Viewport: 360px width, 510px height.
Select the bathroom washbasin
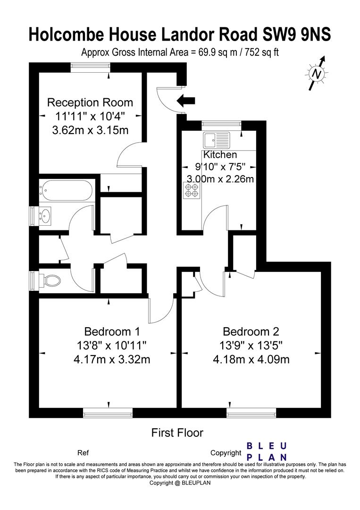[45, 216]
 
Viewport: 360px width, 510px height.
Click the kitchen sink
[217, 140]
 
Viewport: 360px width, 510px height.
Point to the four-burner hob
[192, 190]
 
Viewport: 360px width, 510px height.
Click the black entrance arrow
[186, 101]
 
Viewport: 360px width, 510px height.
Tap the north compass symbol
[317, 74]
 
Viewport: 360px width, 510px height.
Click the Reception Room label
[90, 102]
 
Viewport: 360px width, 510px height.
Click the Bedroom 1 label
[112, 331]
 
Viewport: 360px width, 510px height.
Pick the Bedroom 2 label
[251, 331]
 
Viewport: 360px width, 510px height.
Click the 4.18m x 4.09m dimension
[251, 359]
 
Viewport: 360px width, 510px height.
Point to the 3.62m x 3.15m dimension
[90, 130]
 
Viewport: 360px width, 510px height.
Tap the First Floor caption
[177, 433]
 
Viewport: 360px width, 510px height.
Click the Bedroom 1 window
[108, 413]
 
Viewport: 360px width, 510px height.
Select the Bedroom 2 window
[251, 413]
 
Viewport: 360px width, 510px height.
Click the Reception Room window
[90, 67]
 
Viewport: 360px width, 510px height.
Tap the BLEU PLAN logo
[267, 451]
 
